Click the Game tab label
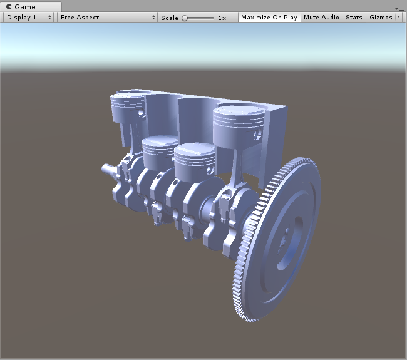[x=24, y=6]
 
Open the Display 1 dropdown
[x=28, y=18]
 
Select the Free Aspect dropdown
[x=107, y=18]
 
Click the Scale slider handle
[x=185, y=18]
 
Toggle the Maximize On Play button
[x=269, y=18]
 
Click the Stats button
[x=354, y=18]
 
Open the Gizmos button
[x=381, y=18]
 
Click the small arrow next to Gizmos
[x=399, y=18]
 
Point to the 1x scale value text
[x=222, y=18]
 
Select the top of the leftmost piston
[x=129, y=98]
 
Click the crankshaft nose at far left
[x=106, y=169]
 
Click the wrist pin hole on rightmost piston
[x=256, y=133]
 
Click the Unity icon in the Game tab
[x=8, y=6]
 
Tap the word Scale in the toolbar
[x=169, y=18]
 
